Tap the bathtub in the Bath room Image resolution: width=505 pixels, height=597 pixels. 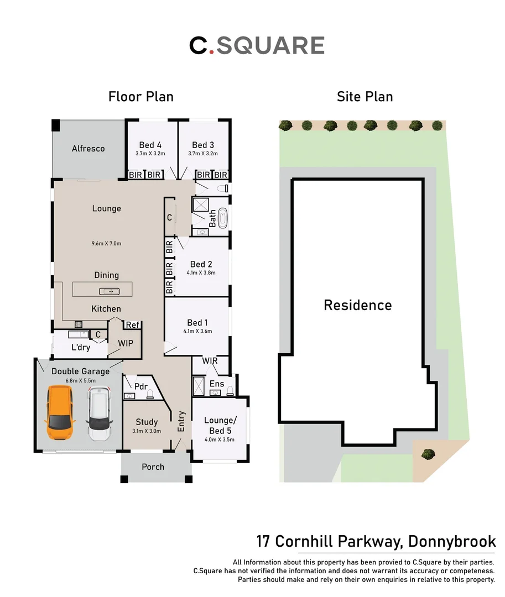pyautogui.click(x=222, y=218)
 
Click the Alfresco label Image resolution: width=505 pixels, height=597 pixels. pyautogui.click(x=88, y=148)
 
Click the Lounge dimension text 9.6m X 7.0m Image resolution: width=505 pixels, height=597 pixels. pyautogui.click(x=106, y=243)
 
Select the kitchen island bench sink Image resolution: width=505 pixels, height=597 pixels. pyautogui.click(x=106, y=291)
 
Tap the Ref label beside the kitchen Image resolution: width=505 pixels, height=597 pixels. pyautogui.click(x=132, y=325)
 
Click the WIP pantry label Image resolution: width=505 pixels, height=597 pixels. pyautogui.click(x=126, y=343)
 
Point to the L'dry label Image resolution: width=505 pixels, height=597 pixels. pyautogui.click(x=81, y=348)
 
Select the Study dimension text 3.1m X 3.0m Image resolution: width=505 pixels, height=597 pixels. pyautogui.click(x=147, y=431)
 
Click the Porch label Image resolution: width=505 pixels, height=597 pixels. pyautogui.click(x=153, y=467)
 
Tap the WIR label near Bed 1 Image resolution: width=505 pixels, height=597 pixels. pyautogui.click(x=210, y=360)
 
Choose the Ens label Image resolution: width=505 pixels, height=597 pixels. pyautogui.click(x=217, y=383)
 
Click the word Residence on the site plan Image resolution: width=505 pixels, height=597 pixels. pyautogui.click(x=357, y=305)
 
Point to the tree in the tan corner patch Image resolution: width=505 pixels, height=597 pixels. pyautogui.click(x=427, y=454)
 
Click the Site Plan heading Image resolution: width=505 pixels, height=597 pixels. pyautogui.click(x=365, y=97)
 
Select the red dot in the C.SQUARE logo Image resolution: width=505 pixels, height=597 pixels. pyautogui.click(x=211, y=53)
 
